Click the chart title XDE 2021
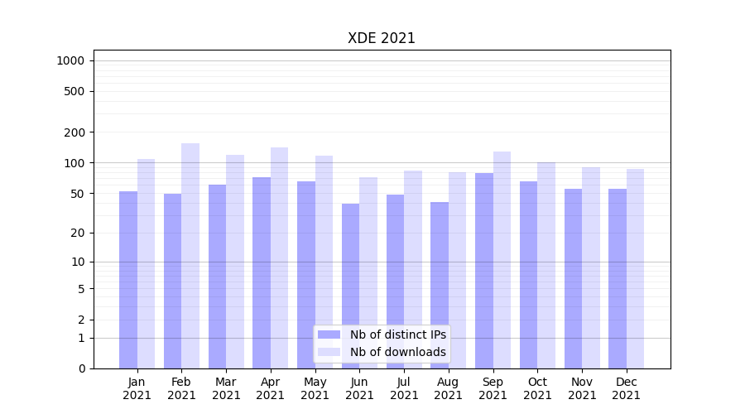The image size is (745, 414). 381,38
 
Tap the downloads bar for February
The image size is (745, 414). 190,256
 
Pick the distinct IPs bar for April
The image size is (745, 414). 262,272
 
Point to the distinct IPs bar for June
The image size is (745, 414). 351,286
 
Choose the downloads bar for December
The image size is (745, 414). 635,268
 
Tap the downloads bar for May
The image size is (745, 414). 324,262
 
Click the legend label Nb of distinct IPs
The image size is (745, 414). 397,335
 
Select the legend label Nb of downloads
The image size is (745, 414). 397,352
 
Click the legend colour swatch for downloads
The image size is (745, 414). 329,352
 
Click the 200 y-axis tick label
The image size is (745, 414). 74,132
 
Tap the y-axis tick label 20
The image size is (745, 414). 77,233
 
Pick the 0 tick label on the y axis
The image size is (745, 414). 81,368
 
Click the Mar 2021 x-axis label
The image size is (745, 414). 226,388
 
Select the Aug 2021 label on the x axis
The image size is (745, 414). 449,388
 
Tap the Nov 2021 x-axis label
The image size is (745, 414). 582,388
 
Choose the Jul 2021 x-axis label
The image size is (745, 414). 404,388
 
